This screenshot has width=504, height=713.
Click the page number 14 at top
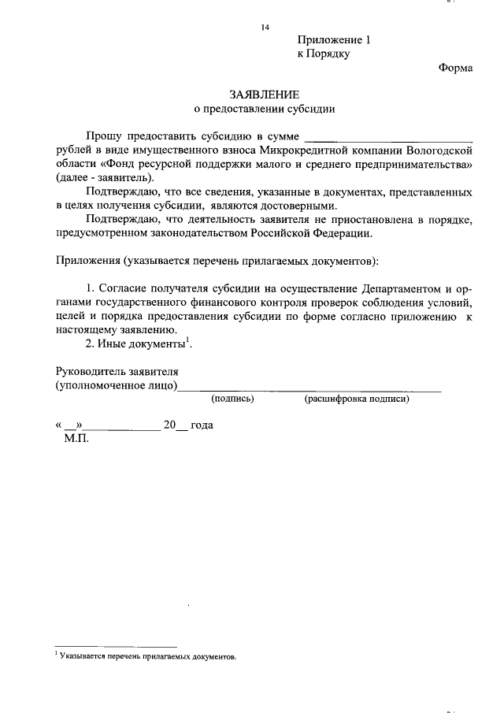click(x=265, y=28)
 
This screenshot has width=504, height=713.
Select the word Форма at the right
click(x=455, y=68)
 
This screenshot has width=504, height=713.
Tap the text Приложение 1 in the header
click(x=333, y=40)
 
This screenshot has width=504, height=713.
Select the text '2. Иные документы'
click(x=135, y=344)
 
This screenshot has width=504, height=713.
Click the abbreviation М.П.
click(x=76, y=438)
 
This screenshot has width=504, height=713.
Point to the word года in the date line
click(x=202, y=425)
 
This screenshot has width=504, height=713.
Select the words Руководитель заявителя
click(x=117, y=372)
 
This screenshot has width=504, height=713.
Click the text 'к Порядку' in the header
click(x=323, y=54)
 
